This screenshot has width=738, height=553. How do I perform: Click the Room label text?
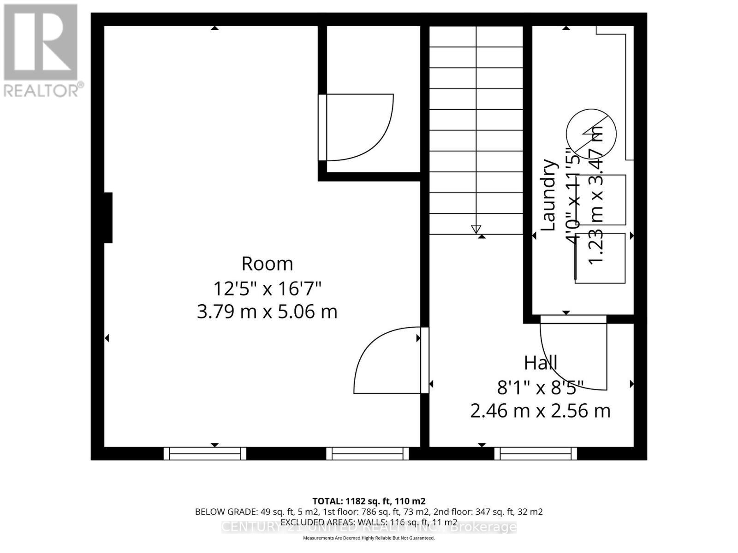click(x=267, y=264)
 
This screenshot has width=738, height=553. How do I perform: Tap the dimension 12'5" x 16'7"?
click(x=267, y=289)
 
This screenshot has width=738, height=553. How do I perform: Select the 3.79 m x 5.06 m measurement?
click(x=267, y=312)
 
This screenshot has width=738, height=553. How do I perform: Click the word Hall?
click(x=541, y=363)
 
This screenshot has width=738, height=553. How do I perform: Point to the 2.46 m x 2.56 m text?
click(x=541, y=411)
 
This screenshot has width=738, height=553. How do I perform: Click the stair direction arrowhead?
click(x=476, y=229)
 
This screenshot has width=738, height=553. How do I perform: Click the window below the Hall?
click(x=536, y=454)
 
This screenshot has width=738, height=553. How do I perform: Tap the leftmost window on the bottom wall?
click(x=205, y=454)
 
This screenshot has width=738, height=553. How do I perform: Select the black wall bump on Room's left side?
click(x=108, y=218)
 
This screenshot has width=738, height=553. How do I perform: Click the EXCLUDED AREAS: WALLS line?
click(x=369, y=523)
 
